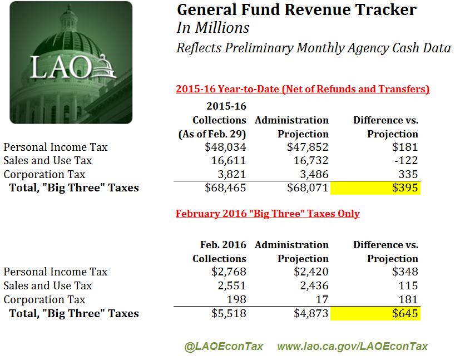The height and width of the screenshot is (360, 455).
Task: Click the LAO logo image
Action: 71,62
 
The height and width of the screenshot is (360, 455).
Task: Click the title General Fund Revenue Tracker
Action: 296,9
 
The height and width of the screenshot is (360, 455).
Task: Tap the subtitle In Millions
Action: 213,28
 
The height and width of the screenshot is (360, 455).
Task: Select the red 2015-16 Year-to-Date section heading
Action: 303,89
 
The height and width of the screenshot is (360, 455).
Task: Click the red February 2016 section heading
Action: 268,214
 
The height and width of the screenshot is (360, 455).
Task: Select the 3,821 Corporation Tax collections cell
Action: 230,174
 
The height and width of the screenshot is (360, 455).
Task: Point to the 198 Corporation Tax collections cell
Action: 236,299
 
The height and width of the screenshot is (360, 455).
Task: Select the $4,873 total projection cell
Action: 309,313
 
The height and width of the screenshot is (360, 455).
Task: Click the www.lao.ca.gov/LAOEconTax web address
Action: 353,346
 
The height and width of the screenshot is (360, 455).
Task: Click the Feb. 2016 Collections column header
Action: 219,251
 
